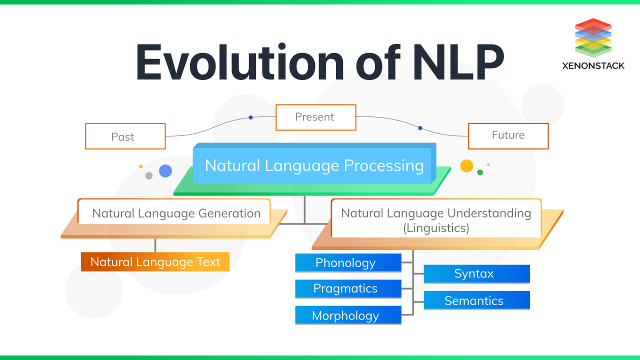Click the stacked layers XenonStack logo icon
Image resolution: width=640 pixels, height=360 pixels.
click(x=593, y=38)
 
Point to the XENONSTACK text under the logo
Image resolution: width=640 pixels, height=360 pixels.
click(x=593, y=65)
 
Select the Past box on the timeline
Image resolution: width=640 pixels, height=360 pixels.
click(x=125, y=136)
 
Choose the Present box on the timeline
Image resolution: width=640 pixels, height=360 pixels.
click(x=315, y=117)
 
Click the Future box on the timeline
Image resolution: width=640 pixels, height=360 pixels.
click(x=508, y=135)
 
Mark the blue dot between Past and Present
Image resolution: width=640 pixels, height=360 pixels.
click(x=250, y=117)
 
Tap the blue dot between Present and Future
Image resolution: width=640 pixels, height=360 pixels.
click(x=420, y=128)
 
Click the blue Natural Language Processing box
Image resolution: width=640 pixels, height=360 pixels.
click(x=314, y=165)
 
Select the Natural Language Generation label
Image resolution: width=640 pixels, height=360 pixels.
click(x=176, y=213)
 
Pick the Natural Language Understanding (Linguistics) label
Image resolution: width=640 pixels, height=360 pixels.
click(x=436, y=220)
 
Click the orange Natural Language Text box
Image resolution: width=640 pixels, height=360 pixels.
click(x=155, y=262)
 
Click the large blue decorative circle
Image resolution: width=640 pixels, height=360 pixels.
click(x=165, y=171)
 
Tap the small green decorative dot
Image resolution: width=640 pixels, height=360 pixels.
click(x=480, y=172)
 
